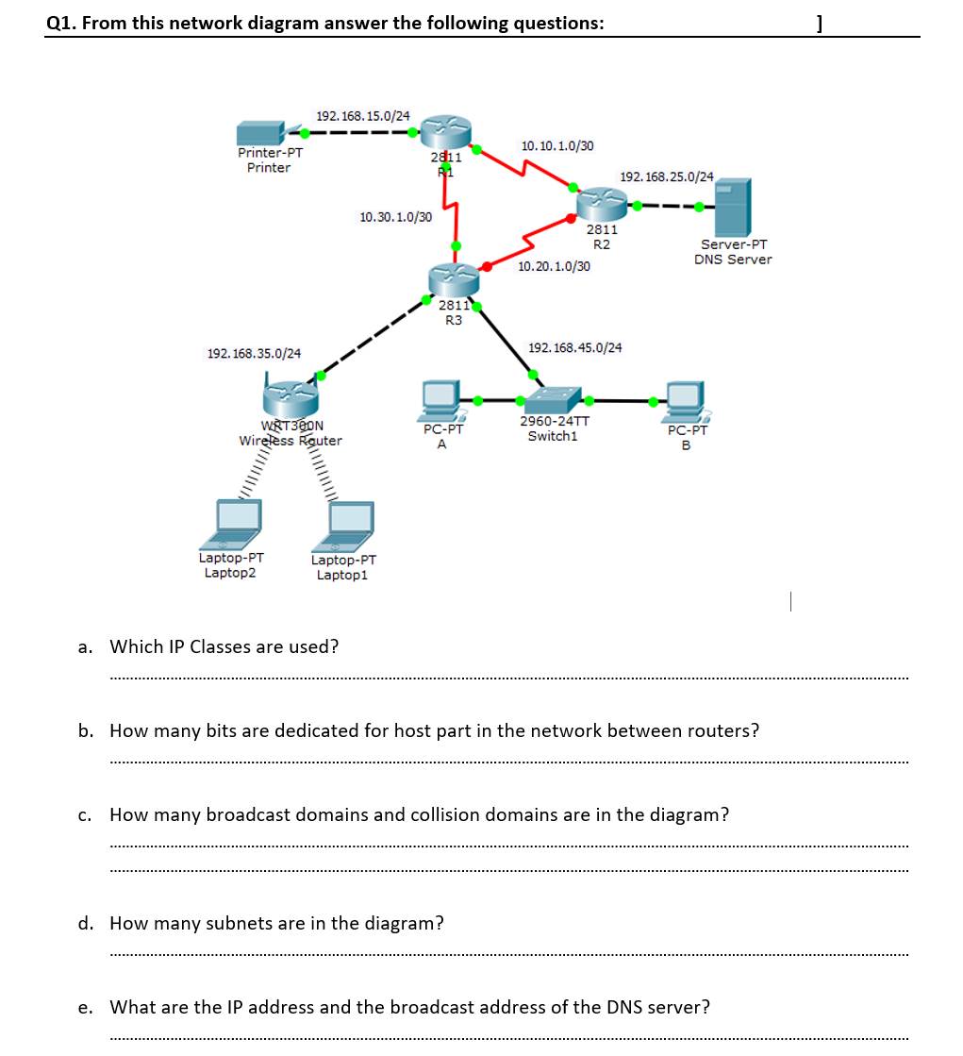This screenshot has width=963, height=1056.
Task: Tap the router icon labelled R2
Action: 601,202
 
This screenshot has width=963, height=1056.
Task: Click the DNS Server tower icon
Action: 732,208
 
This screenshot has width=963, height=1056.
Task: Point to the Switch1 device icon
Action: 555,400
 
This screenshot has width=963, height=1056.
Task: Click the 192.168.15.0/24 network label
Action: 363,116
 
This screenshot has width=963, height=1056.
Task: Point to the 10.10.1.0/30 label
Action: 557,146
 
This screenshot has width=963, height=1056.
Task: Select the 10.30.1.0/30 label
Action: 396,217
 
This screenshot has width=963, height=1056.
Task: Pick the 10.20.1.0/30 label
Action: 555,267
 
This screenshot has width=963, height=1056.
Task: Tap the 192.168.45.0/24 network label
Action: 575,348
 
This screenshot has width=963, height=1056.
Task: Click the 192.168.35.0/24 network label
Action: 254,354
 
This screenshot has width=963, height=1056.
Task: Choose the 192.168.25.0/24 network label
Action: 667,176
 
